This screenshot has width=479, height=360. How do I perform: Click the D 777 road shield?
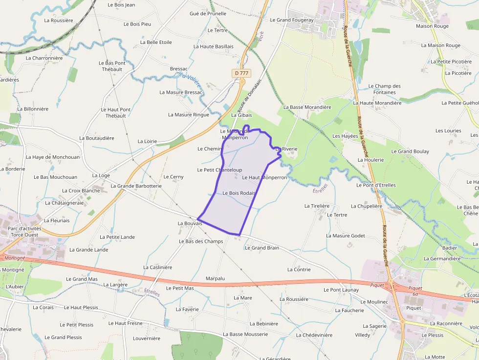pyautogui.click(x=241, y=73)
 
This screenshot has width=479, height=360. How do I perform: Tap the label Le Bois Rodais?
pyautogui.click(x=239, y=193)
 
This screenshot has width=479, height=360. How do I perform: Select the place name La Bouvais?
pyautogui.click(x=190, y=223)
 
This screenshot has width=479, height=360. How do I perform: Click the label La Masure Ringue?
pyautogui.click(x=188, y=115)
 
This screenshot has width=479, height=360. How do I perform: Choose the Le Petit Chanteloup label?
pyautogui.click(x=219, y=170)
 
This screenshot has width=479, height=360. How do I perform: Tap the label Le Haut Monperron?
pyautogui.click(x=264, y=178)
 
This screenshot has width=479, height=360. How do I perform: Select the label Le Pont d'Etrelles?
pyautogui.click(x=376, y=186)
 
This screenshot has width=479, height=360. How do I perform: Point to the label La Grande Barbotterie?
pyautogui.click(x=136, y=186)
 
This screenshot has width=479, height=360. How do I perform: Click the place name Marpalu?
pyautogui.click(x=215, y=278)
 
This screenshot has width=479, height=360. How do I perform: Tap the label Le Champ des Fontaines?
pyautogui.click(x=384, y=89)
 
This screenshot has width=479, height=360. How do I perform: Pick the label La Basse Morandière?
pyautogui.click(x=307, y=107)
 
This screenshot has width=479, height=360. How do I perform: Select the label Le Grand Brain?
pyautogui.click(x=262, y=248)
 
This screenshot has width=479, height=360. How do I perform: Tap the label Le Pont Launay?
pyautogui.click(x=341, y=290)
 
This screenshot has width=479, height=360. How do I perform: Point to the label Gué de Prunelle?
pyautogui.click(x=208, y=14)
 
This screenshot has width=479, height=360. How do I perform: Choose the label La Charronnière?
pyautogui.click(x=44, y=58)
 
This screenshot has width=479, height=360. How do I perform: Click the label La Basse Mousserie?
pyautogui.click(x=245, y=335)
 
